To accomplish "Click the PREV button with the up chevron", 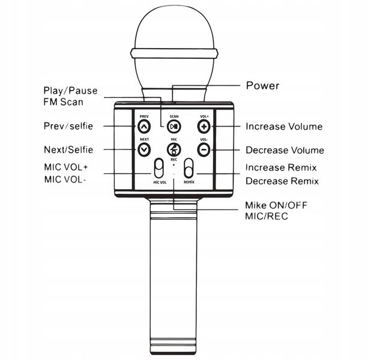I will [144, 127].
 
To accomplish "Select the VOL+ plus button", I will [204, 127].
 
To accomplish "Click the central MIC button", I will [174, 150].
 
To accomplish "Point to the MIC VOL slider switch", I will [158, 169].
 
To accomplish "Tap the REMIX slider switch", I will [189, 169].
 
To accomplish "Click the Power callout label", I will [263, 86].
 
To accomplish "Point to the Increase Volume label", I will [284, 127].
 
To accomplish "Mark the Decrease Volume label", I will [285, 150].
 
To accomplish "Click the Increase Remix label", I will [281, 168].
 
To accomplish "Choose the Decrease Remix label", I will [282, 181].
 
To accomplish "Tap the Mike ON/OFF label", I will [276, 205].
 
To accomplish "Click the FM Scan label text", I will [63, 102].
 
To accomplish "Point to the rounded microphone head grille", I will [174, 30].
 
